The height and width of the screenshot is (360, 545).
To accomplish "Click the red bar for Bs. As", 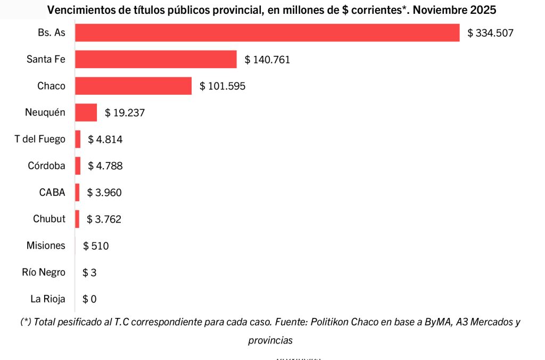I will point(267,32).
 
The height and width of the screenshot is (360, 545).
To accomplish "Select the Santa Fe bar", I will point(155,59).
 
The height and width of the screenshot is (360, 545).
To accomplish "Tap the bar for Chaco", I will point(133,86).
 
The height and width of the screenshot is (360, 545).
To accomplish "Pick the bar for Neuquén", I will point(86,112).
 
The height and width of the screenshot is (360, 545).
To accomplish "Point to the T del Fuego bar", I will point(78,139).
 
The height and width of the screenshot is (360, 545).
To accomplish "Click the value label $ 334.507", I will point(490,33).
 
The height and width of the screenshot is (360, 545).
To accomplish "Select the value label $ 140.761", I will point(267,60).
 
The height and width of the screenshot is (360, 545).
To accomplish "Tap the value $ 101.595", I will point(222,86).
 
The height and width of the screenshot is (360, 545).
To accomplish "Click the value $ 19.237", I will point(125,113).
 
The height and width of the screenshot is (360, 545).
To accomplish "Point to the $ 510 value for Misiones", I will point(96,246).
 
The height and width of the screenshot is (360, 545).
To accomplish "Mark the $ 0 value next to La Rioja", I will point(89,299).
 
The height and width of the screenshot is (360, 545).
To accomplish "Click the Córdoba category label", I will point(46,166).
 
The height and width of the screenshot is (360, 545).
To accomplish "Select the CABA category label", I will point(52,192).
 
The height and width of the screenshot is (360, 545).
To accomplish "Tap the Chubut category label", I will point(49,219).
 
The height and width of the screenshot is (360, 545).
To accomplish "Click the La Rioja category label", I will point(48,299).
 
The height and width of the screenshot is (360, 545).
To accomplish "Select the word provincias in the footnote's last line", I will point(270,340).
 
